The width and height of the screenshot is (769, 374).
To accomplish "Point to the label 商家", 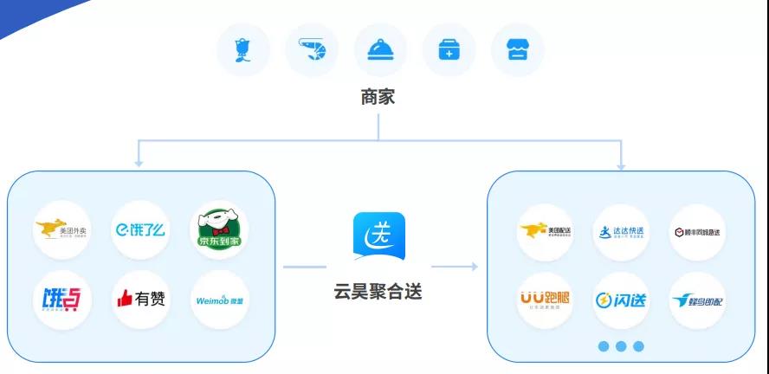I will (x=378, y=97).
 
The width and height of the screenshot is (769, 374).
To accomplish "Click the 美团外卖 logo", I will (x=62, y=230).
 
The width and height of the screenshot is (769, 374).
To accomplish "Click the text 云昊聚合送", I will (x=378, y=292).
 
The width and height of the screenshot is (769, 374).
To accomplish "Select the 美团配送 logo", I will (x=545, y=231).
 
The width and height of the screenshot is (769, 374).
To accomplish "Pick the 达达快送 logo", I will (x=621, y=231).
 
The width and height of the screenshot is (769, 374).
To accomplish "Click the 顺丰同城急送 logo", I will (x=698, y=231).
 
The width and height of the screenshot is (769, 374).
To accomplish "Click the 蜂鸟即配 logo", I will (x=698, y=300).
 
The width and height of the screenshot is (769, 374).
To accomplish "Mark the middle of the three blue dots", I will (x=621, y=346).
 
